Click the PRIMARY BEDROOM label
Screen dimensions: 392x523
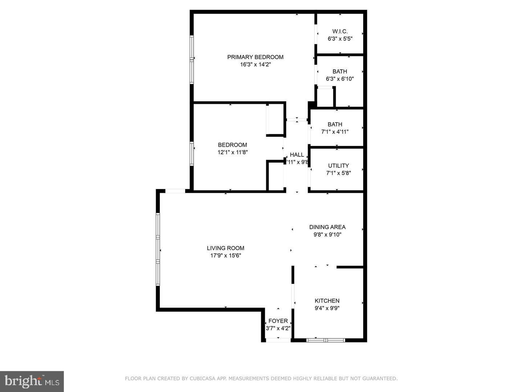coord(255,57)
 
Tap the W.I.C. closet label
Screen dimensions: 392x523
coord(340,31)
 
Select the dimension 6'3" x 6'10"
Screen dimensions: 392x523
coord(340,79)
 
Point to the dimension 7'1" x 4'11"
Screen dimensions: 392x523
coord(335,132)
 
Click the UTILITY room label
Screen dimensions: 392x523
coord(338,166)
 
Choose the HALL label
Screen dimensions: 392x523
coord(297,155)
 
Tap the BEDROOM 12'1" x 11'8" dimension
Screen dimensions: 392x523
coord(232,152)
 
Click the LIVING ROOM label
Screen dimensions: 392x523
coord(226,248)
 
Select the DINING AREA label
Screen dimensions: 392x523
coord(327,227)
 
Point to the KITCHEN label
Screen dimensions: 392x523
coord(327,301)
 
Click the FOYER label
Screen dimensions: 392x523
coord(278,321)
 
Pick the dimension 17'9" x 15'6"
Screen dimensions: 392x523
coord(226,256)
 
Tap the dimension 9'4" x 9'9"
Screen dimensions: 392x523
coord(327,308)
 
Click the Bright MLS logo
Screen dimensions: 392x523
coord(32,381)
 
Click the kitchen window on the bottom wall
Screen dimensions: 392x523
coord(325,340)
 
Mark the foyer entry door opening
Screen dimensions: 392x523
coord(278,340)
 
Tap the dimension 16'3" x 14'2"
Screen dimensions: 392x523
coord(255,65)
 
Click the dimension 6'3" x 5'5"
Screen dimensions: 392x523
coord(340,38)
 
